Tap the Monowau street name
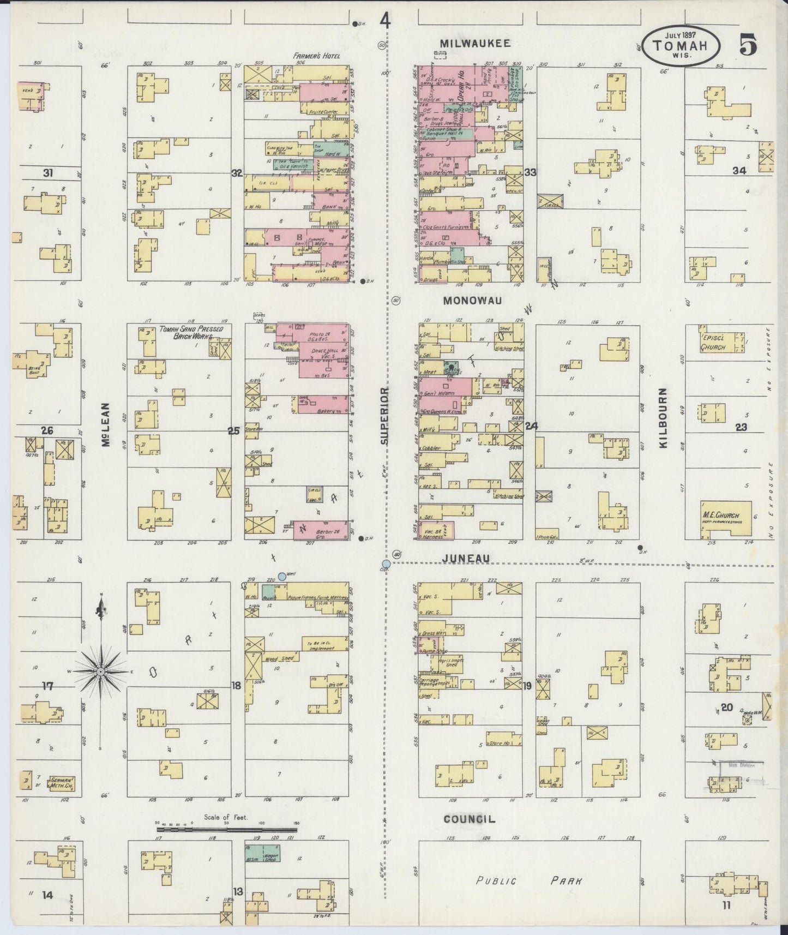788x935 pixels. pos(472,301)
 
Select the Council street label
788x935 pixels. pos(469,819)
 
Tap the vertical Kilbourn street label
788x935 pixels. pos(663,418)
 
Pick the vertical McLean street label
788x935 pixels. pos(106,425)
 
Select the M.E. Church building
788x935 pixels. pos(726,518)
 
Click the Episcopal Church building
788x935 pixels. pos(721,342)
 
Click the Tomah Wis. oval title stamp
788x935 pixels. pos(686,46)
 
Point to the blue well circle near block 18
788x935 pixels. pos(282,576)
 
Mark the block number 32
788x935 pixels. pos(237,173)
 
